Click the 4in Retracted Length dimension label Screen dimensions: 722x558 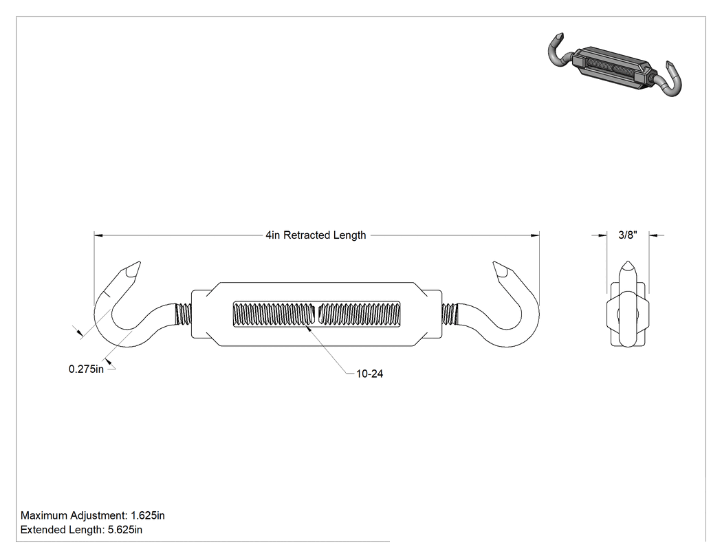316,235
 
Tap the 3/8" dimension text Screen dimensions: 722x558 628,235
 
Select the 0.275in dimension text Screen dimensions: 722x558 86,369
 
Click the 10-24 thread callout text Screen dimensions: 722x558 369,374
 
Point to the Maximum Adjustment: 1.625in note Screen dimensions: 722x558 93,515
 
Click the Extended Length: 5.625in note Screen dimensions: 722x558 82,530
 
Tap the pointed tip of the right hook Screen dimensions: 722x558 494,263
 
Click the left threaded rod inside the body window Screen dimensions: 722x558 274,314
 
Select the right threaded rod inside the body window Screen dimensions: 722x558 359,314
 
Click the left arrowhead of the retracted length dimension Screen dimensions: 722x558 98,235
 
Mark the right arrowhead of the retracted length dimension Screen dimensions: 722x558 534,235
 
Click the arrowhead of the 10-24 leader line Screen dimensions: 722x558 308,328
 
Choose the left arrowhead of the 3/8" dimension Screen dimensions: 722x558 602,235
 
